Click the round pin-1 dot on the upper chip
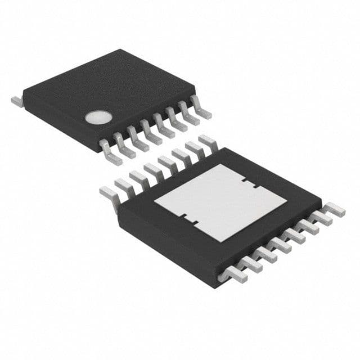pyautogui.click(x=95, y=117)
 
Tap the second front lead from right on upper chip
pyautogui.click(x=188, y=114)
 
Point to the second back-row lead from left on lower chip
pyautogui.click(x=123, y=186)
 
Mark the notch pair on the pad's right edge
pyautogui.click(x=248, y=183)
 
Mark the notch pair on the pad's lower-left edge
pyautogui.click(x=188, y=219)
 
